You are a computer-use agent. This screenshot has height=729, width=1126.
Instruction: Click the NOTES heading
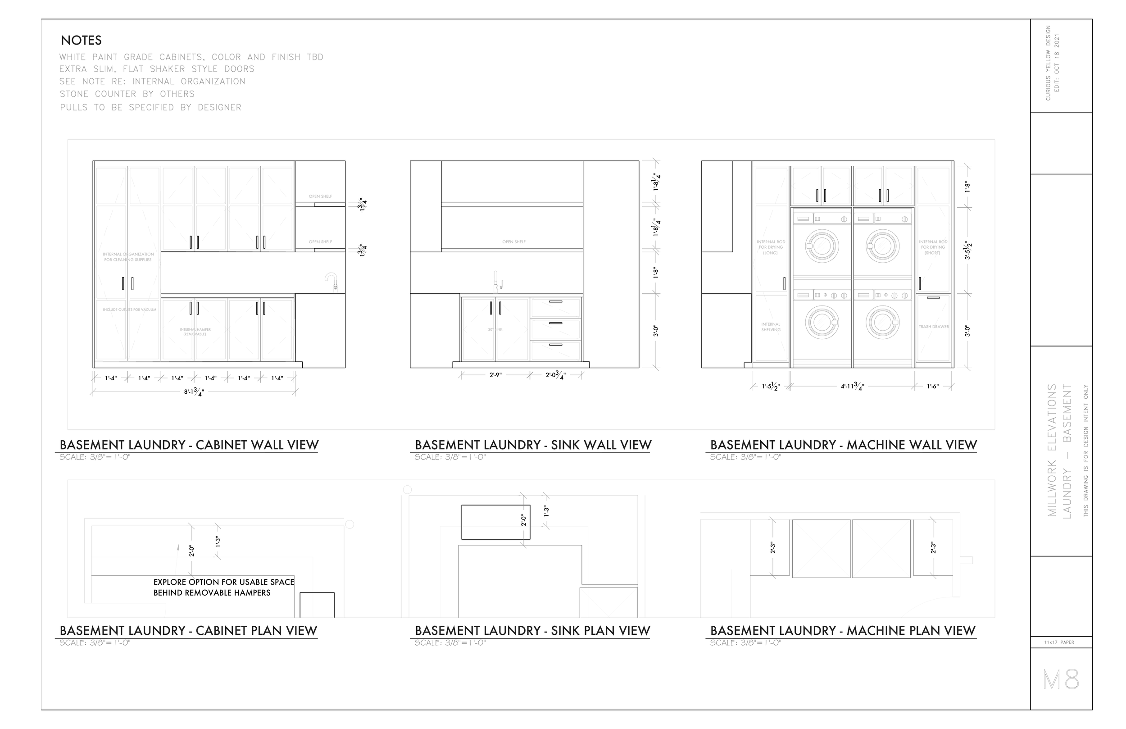[81, 40]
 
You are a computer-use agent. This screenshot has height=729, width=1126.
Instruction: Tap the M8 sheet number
[1061, 680]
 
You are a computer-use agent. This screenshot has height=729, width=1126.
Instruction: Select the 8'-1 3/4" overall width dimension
[194, 392]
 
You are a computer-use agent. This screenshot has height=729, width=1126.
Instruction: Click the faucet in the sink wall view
[497, 282]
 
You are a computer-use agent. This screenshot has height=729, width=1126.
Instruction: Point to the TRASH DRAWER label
[933, 327]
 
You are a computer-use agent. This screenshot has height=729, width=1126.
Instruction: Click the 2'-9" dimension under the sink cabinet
[495, 375]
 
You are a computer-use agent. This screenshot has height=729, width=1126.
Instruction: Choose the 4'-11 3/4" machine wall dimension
[852, 387]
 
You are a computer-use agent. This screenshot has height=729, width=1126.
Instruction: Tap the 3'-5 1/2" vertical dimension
[968, 251]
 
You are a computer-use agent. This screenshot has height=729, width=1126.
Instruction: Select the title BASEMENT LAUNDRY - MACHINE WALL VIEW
[843, 445]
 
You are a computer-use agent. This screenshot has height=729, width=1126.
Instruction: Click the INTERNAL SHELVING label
[771, 327]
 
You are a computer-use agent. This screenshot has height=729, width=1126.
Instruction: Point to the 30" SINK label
[495, 329]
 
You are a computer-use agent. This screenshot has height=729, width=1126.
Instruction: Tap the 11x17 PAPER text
[1059, 642]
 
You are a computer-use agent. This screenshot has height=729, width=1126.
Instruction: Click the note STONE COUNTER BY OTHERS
[127, 94]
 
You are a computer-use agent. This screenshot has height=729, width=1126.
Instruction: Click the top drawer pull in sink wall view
[555, 301]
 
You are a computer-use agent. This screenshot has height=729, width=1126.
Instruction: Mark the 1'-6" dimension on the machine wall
[932, 387]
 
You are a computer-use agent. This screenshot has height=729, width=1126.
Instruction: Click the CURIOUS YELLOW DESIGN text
[1048, 63]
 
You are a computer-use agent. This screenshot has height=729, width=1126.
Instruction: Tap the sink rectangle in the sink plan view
[495, 522]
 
